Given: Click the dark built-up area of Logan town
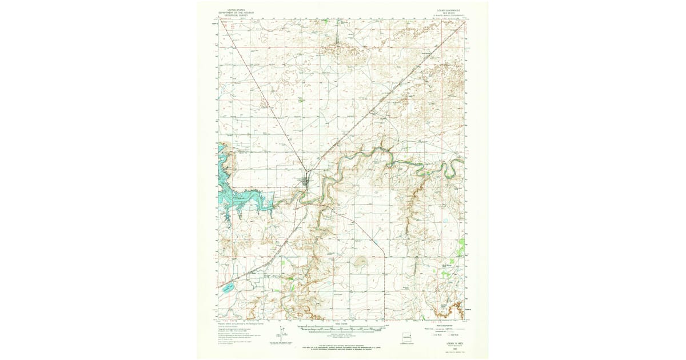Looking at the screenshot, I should (307, 182).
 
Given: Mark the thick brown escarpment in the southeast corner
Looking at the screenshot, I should (454, 309).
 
